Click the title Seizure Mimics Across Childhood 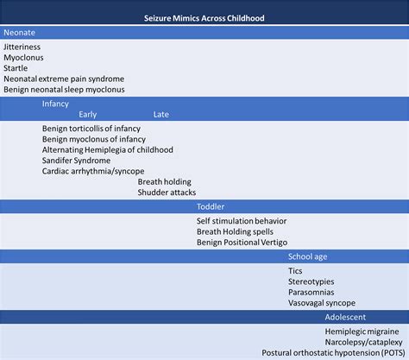pyautogui.click(x=204, y=17)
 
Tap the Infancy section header pyautogui.click(x=55, y=104)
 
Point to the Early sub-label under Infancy pyautogui.click(x=88, y=114)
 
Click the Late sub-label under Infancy pyautogui.click(x=161, y=114)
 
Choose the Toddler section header pyautogui.click(x=211, y=208)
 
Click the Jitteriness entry pyautogui.click(x=22, y=47)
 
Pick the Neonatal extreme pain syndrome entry pyautogui.click(x=64, y=79)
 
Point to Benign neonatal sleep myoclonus pyautogui.click(x=64, y=89)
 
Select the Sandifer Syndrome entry pyautogui.click(x=76, y=161)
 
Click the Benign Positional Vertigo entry pyautogui.click(x=242, y=243)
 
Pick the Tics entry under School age pyautogui.click(x=295, y=271)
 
